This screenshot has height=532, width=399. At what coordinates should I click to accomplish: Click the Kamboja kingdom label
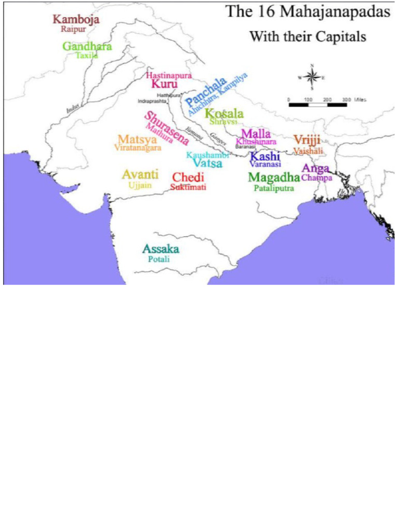click(76, 20)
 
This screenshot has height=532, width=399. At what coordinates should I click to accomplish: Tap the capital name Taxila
click(87, 56)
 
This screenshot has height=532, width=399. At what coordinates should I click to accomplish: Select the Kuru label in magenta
click(164, 84)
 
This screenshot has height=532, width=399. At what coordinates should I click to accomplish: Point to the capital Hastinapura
click(169, 75)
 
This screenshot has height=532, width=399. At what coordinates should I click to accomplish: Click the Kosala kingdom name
click(224, 114)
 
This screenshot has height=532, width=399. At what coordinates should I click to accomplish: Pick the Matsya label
click(137, 140)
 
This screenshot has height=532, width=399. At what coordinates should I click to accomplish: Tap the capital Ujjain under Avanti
click(140, 185)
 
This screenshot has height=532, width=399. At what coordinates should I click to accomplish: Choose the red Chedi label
click(188, 177)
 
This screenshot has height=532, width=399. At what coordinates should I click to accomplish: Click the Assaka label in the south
click(161, 249)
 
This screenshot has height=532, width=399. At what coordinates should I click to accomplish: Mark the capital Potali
click(159, 259)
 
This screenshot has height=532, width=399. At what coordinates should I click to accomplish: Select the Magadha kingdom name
click(274, 178)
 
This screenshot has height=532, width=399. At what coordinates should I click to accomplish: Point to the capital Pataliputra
click(274, 189)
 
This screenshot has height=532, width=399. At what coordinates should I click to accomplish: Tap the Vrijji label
click(307, 140)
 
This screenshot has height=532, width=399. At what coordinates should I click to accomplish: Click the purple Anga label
click(315, 168)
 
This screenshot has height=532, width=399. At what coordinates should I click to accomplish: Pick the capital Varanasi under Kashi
click(265, 164)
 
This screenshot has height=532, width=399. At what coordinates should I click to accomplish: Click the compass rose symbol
click(312, 77)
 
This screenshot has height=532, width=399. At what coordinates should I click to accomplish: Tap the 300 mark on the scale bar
click(347, 99)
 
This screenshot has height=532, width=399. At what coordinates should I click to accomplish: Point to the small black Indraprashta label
click(152, 101)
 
